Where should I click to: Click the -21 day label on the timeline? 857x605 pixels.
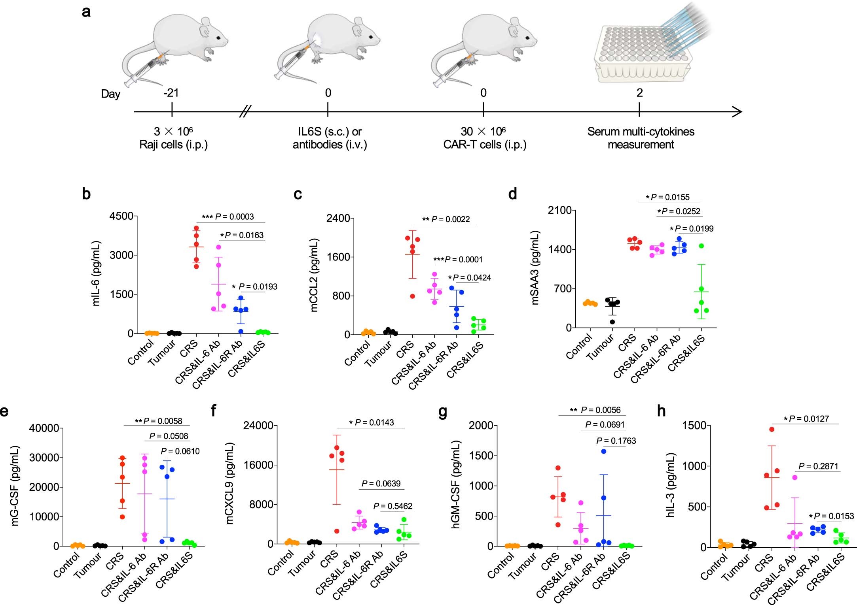pos(171,93)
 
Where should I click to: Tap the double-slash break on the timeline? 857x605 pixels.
pos(245,112)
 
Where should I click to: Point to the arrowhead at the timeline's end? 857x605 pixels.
pos(737,112)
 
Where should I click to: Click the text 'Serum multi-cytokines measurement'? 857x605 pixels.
pos(641,138)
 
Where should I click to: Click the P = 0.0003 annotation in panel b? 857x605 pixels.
pos(228,217)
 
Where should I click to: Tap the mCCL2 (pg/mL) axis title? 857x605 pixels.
pos(314,275)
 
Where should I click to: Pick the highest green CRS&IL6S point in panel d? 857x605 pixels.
pos(702,246)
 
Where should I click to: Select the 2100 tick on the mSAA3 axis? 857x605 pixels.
pos(559,210)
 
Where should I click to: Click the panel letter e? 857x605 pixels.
pos(4,411)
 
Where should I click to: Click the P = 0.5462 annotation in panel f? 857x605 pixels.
pos(392,506)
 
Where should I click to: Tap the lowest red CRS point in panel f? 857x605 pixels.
pos(337,531)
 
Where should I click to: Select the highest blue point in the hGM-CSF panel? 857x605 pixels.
pos(604,451)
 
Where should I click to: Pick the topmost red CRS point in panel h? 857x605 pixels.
pos(772,430)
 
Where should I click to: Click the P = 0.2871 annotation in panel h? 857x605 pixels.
pos(818,466)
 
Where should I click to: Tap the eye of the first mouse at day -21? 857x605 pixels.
pos(219,38)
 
